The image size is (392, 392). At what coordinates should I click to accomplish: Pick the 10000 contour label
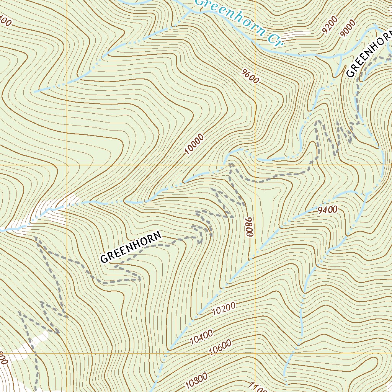tap(194, 145)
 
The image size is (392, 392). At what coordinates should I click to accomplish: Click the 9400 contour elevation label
tap(327, 209)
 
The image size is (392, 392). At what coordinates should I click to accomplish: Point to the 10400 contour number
tap(201, 337)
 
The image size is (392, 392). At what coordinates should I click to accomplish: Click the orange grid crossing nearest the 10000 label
tap(255, 165)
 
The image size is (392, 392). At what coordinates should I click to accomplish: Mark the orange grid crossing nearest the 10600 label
tap(255, 353)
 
